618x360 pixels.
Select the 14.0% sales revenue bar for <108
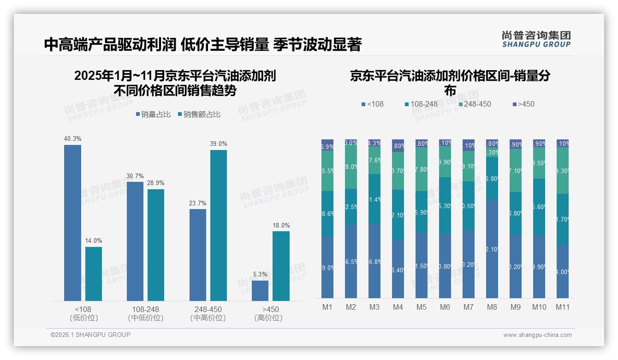pos(94,274)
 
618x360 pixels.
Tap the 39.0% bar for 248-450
pos(219,225)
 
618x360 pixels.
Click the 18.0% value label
pos(281,226)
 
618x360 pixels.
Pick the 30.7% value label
pos(135,176)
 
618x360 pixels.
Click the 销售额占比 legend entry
pos(199,114)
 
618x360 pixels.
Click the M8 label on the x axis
pos(493,307)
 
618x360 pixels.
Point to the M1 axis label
pos(327,307)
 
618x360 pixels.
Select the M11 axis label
pos(563,307)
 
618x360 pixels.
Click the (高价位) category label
pos(268,318)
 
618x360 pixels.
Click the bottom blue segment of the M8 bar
pos(493,249)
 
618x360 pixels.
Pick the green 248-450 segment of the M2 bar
pos(351,167)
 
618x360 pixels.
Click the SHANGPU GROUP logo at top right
pos(536,39)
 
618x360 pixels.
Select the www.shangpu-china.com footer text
pos(537,335)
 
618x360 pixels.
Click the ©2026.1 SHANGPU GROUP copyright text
pos(90,335)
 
